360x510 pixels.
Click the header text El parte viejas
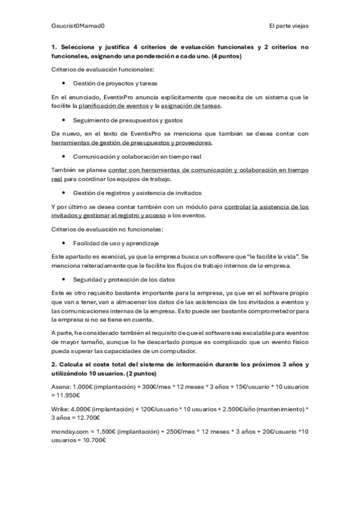tap(289, 26)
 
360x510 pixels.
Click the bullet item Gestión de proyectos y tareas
tap(115, 83)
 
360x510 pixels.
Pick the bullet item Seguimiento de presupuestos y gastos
tap(124, 120)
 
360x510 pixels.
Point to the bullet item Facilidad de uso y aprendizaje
tap(116, 243)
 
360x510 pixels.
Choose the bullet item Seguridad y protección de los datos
tap(123, 279)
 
